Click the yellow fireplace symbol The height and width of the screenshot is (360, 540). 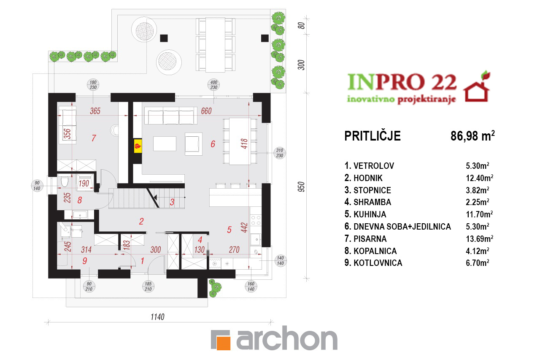138,146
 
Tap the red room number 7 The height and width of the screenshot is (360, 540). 94,138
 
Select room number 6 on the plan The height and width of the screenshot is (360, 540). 213,144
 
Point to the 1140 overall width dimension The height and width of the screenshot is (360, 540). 157,317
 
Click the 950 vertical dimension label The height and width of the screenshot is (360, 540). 301,187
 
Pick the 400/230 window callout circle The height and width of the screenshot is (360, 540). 213,85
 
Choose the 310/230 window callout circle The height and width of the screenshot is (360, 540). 280,153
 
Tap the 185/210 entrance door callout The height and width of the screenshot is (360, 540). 148,287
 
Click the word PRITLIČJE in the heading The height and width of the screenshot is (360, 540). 373,136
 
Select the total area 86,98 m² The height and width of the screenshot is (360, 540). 472,136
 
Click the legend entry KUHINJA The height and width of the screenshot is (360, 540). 370,214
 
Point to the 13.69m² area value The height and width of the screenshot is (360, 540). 480,239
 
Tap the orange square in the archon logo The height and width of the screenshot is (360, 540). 224,343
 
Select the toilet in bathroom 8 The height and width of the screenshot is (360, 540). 65,182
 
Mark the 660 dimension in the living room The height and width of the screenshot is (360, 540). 206,111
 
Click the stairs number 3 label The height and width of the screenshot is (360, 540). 172,202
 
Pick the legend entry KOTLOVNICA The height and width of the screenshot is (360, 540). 378,263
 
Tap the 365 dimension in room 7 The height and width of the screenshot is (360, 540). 95,111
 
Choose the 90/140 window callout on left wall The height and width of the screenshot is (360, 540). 37,186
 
